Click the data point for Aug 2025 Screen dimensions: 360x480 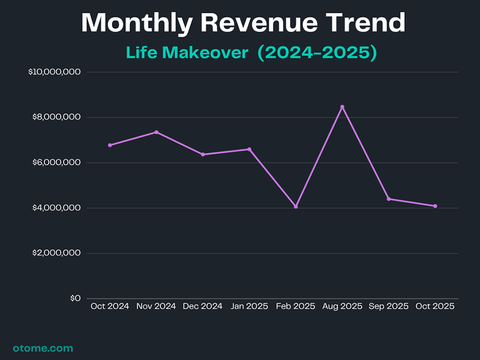[342, 107]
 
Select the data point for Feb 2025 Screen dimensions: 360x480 [296, 206]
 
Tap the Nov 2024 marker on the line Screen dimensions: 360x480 [156, 132]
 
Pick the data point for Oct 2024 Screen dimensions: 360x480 [110, 145]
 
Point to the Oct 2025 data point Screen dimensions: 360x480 [435, 206]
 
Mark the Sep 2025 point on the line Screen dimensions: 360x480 [389, 199]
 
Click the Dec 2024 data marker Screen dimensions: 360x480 [203, 154]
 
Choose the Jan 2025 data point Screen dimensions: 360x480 [249, 149]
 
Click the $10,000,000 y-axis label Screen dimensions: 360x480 [54, 72]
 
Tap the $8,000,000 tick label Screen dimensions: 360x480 [56, 117]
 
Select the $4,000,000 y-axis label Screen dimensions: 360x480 [56, 208]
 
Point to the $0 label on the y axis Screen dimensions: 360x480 [75, 298]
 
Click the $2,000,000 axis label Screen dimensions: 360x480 [56, 253]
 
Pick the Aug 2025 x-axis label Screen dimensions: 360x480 [342, 306]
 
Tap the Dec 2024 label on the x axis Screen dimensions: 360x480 [203, 306]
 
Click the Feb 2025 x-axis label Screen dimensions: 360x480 [296, 306]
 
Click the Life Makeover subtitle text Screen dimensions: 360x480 [187, 53]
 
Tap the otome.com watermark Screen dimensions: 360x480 [43, 348]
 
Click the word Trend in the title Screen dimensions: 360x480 [367, 23]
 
